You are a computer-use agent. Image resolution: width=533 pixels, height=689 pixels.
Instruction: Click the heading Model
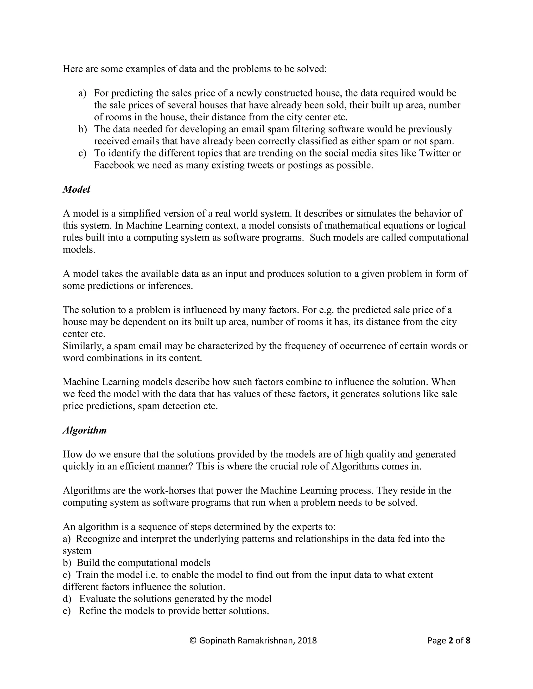point(77,189)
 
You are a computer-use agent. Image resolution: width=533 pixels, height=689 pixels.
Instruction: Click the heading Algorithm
point(85,430)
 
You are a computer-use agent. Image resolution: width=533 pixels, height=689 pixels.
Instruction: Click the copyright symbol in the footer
point(193,640)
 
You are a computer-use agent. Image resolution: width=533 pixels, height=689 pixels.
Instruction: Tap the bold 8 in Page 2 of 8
point(468,640)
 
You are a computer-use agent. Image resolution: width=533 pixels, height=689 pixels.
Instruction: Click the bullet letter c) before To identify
point(82,153)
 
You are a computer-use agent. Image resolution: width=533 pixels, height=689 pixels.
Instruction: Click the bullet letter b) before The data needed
point(82,129)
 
